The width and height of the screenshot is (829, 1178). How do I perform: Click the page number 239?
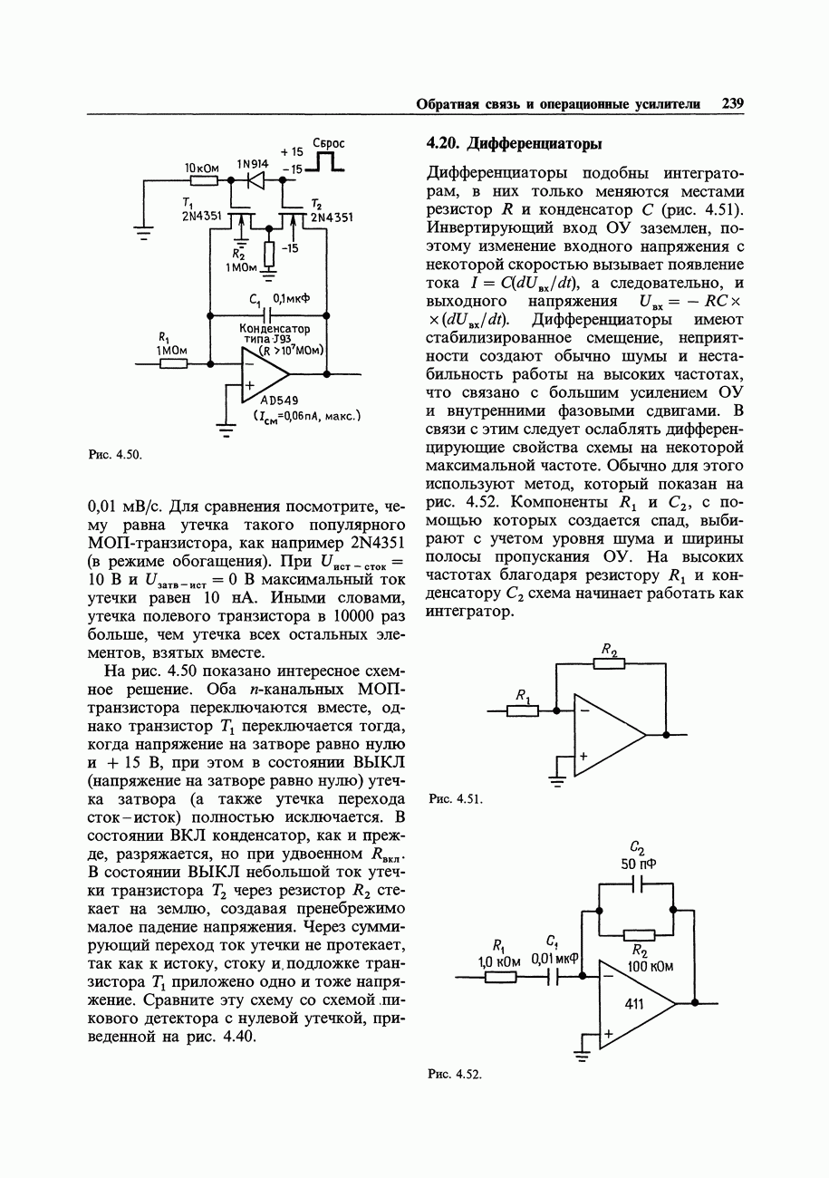(x=733, y=104)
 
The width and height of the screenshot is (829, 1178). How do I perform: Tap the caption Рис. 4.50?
(x=115, y=454)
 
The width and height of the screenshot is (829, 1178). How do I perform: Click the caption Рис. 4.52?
(x=454, y=1074)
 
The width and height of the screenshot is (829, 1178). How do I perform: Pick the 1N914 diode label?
(x=253, y=164)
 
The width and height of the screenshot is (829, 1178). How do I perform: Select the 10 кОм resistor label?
(x=202, y=169)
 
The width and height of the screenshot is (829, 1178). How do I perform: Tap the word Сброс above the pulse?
(x=328, y=143)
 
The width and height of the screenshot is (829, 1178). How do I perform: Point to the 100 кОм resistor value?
(x=651, y=966)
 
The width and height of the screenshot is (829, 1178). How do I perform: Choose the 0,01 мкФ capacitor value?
(x=555, y=958)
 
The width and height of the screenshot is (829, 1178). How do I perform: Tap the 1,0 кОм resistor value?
(x=497, y=959)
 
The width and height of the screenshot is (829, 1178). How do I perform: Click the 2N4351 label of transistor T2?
(x=332, y=217)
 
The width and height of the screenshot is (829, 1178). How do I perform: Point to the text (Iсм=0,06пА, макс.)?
(x=307, y=416)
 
